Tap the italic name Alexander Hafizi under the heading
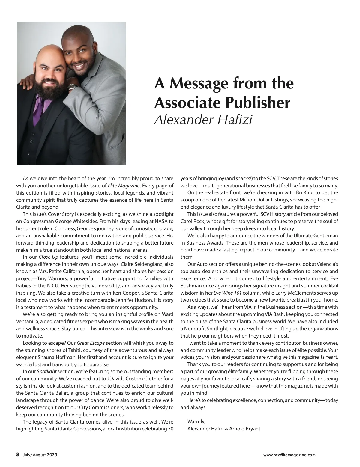[x=203, y=120]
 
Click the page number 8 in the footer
[x=18, y=454]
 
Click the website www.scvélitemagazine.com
[x=289, y=455]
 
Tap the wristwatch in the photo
[x=72, y=87]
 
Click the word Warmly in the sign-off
[x=196, y=421]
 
